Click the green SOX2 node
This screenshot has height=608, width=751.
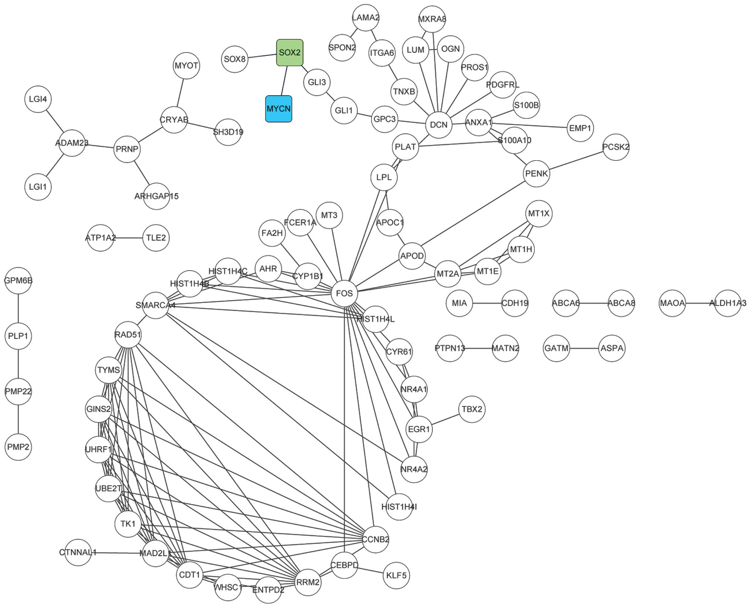tap(290, 53)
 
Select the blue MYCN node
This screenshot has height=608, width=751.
tap(278, 109)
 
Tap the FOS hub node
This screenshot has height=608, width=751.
tap(344, 293)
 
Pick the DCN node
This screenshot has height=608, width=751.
tap(439, 125)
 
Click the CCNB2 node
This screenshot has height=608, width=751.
tap(375, 539)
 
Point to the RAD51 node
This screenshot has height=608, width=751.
tap(128, 335)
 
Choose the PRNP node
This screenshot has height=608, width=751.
tap(127, 149)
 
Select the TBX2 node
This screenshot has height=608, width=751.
tap(472, 409)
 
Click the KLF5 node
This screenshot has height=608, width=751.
tap(396, 575)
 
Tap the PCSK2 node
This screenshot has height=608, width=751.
tap(616, 147)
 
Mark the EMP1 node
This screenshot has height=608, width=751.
tap(580, 128)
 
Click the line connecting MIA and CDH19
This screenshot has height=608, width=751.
tap(487, 303)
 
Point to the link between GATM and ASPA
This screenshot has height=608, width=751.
tap(584, 348)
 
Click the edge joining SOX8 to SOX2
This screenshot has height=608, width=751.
tap(262, 56)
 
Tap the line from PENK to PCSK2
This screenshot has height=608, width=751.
tap(576, 160)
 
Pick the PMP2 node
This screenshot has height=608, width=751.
tap(18, 447)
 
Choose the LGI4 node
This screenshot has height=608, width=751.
tap(38, 99)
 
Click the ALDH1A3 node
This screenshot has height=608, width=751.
tap(728, 303)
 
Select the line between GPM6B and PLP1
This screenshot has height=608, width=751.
tap(18, 308)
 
